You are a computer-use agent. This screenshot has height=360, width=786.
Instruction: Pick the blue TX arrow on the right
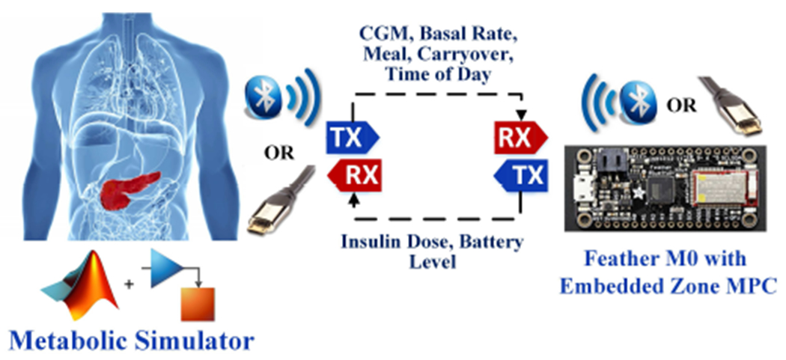coord(521,177)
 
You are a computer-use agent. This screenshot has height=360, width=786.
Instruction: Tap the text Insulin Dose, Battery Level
coord(432,253)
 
